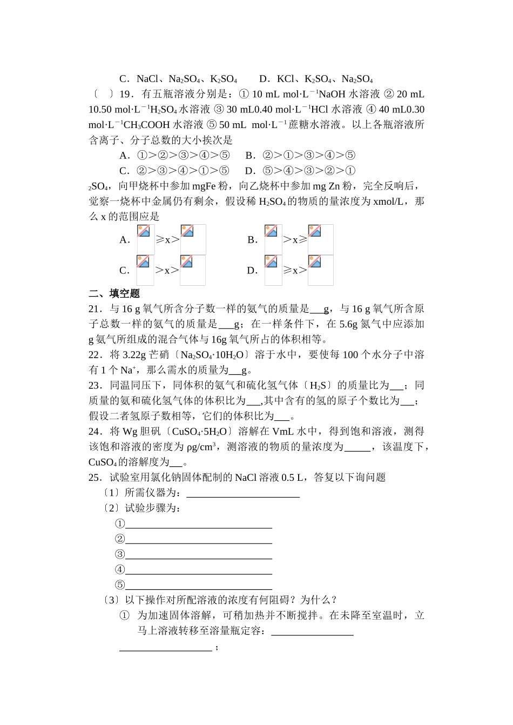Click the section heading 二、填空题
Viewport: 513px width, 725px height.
114,293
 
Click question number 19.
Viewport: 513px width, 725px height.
125,94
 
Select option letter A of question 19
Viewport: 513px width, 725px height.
125,156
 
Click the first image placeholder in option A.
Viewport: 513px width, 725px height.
145,239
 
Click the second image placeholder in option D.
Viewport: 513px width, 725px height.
320,270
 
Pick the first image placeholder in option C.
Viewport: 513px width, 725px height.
145,270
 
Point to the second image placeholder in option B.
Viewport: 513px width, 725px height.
320,239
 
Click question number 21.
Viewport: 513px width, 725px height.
95,309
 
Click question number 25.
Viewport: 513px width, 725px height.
95,477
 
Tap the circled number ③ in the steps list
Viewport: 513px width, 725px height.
120,554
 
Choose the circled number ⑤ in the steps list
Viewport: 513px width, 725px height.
120,585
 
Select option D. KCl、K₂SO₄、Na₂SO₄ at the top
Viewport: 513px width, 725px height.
316,79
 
